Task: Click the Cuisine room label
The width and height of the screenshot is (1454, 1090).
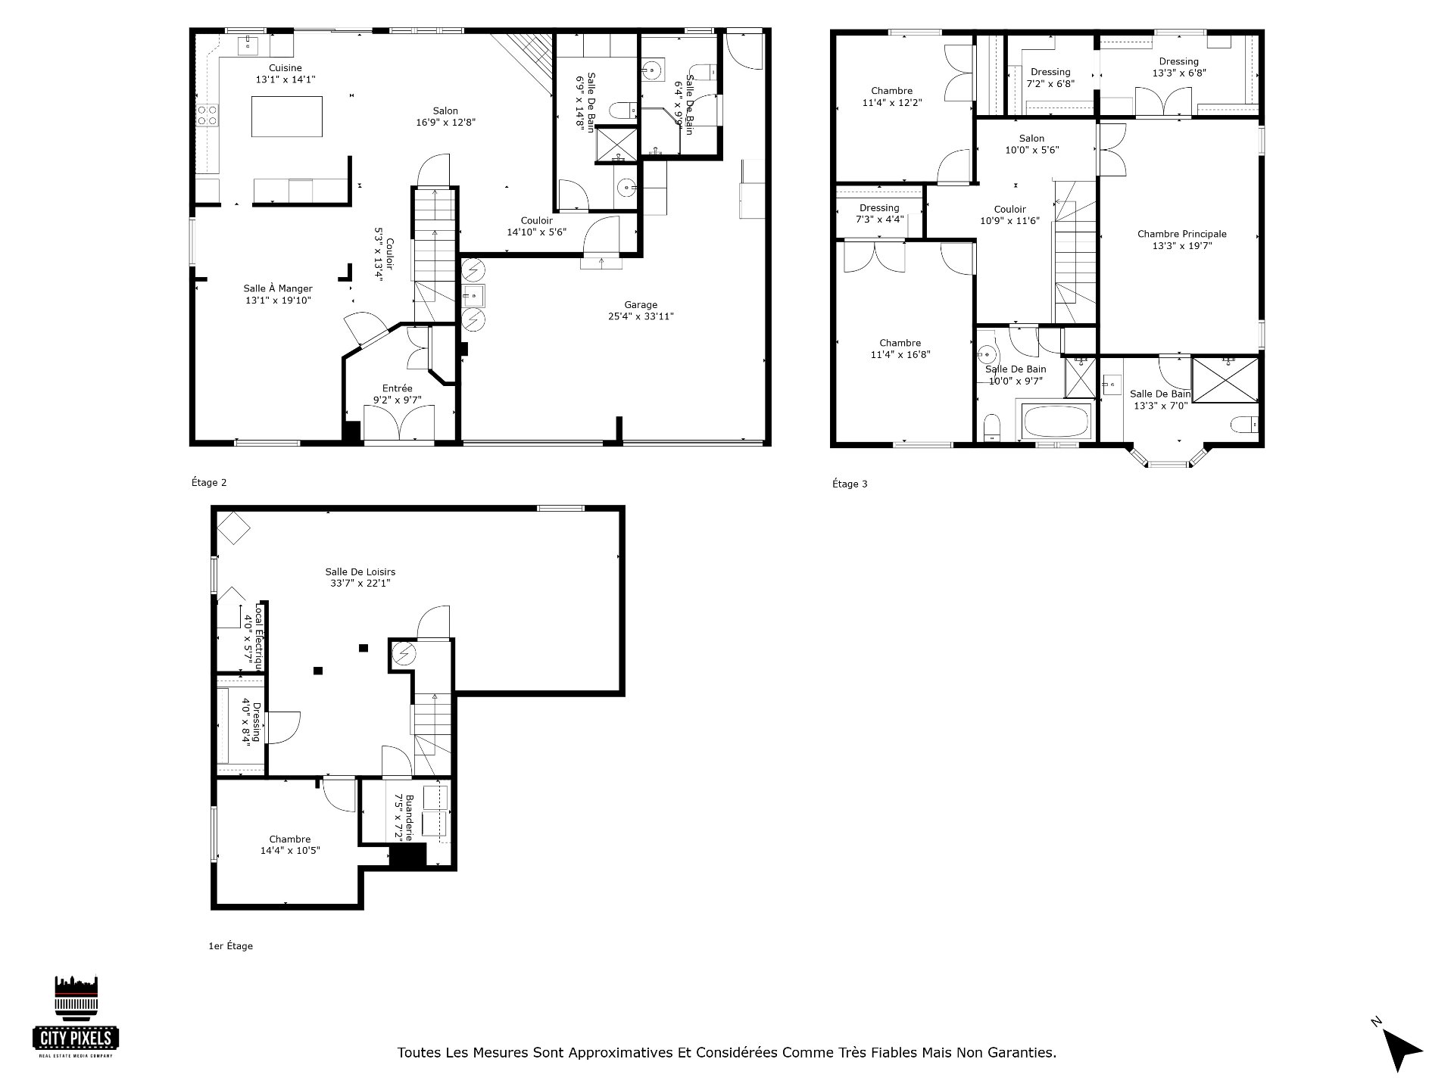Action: click(285, 68)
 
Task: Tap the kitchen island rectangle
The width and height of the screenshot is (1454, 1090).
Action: click(286, 117)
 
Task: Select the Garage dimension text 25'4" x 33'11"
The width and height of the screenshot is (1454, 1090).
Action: click(641, 317)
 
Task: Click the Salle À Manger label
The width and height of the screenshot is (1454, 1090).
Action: click(278, 288)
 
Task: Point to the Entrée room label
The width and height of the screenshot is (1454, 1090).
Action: click(397, 388)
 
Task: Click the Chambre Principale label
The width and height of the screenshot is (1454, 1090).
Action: click(1181, 234)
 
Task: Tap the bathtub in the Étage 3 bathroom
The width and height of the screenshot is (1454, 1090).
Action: click(1056, 421)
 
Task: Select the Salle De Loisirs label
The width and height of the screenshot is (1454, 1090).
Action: click(360, 572)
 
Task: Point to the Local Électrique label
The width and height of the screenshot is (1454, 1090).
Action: click(257, 637)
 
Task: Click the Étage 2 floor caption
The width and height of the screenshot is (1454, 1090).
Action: click(209, 483)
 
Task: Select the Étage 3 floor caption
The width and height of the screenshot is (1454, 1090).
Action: click(850, 484)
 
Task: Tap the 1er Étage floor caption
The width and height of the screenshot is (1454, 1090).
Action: click(230, 946)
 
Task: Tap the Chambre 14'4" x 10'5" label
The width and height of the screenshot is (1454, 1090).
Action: click(290, 845)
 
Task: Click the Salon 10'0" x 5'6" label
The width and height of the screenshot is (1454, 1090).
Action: click(1031, 144)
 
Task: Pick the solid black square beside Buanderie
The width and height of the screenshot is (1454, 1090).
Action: click(408, 855)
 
